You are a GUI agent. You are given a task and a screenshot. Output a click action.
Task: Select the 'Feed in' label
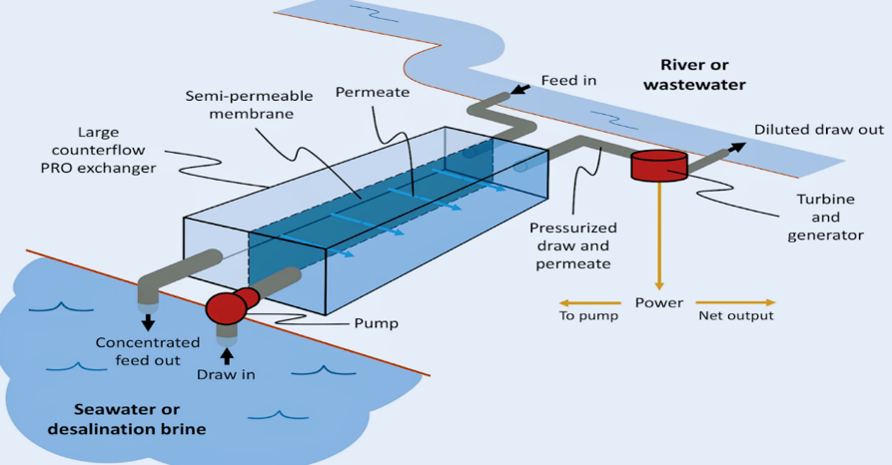tap(568, 80)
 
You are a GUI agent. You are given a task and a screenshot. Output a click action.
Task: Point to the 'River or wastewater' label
tap(694, 75)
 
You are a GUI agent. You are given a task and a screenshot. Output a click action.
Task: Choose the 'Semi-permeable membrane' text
tap(249, 105)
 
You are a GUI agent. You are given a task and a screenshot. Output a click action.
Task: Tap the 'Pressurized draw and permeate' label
tap(571, 245)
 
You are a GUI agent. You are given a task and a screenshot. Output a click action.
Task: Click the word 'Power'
tap(659, 302)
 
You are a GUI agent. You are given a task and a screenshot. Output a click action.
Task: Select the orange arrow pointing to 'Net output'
tap(735, 302)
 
